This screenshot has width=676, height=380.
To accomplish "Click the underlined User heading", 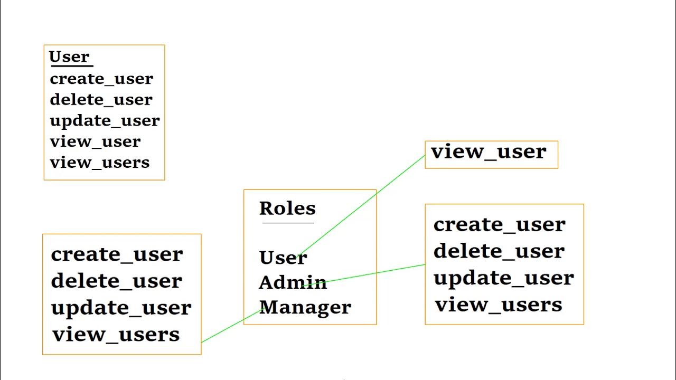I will tap(69, 56).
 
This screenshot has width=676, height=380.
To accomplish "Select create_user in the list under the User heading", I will tap(101, 79).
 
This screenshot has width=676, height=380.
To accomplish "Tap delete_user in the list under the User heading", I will tap(101, 99).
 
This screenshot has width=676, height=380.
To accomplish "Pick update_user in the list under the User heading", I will tap(105, 121).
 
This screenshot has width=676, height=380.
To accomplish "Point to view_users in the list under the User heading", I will tap(100, 163).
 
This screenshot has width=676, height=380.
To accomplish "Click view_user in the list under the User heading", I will tap(95, 141).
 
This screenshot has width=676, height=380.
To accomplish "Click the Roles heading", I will tap(287, 208).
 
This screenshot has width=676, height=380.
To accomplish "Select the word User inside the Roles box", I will tap(283, 258).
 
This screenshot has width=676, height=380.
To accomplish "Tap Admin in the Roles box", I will tap(293, 282).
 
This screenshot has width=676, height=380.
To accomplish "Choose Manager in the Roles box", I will tap(305, 307).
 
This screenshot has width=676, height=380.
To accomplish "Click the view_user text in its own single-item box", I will tap(489, 152).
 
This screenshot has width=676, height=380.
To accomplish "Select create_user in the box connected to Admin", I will tap(499, 225).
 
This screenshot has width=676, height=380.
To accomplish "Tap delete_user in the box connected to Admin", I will tap(499, 251).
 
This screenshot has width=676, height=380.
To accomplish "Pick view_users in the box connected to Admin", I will tap(499, 305).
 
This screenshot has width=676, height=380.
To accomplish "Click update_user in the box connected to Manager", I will tap(121, 308).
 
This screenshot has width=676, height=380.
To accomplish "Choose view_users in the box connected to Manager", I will tap(116, 334).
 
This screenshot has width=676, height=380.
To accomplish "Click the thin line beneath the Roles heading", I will tap(288, 223).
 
